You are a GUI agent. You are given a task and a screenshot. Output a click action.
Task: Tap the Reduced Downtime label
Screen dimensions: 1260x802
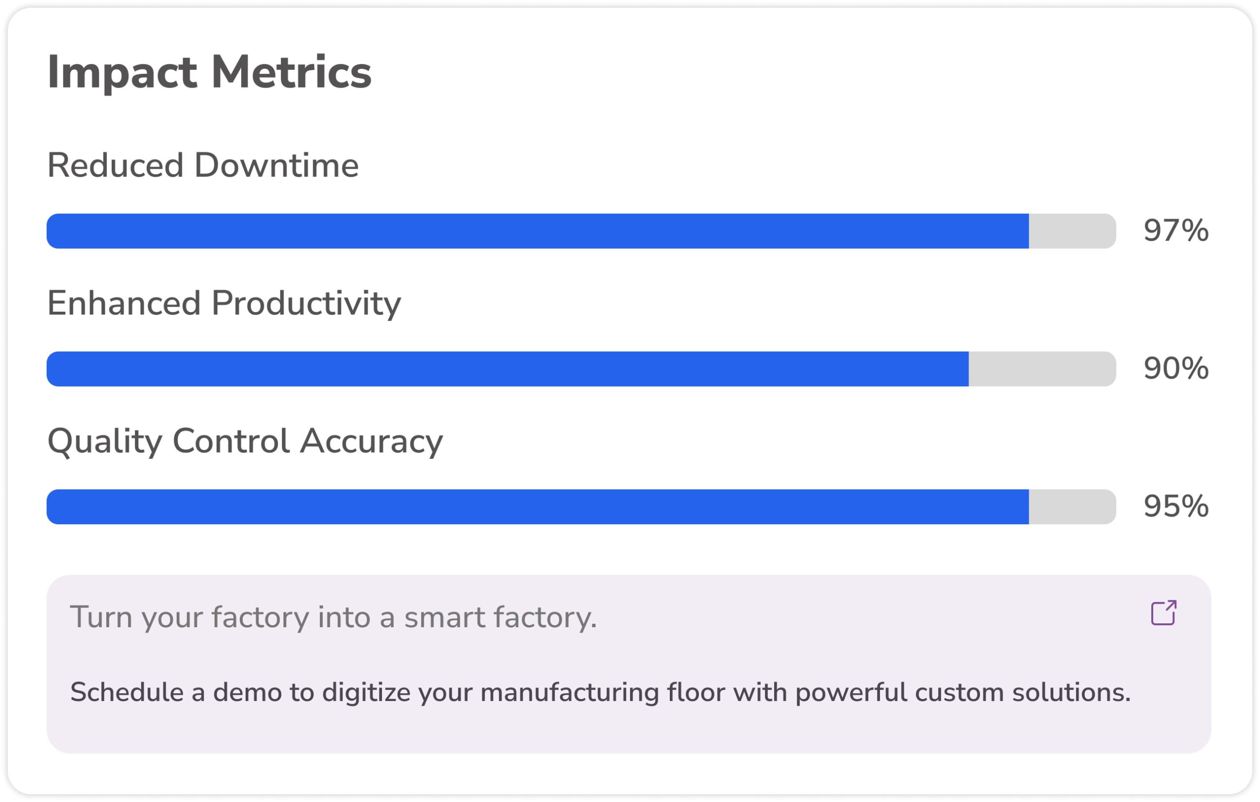203,165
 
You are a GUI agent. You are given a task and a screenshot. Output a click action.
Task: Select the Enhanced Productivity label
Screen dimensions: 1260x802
224,304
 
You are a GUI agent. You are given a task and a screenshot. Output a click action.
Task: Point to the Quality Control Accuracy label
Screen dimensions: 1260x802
245,441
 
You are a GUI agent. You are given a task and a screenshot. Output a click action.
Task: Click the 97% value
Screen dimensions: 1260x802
1176,231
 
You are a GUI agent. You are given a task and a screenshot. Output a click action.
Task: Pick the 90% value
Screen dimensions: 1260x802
1176,369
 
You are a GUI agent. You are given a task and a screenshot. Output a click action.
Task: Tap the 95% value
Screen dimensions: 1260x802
1176,506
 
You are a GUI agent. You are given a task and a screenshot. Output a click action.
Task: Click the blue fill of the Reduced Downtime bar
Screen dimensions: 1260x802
538,231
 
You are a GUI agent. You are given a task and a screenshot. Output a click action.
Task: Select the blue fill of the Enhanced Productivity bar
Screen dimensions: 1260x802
507,369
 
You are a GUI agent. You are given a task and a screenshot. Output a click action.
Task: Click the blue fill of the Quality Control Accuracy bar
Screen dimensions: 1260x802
538,506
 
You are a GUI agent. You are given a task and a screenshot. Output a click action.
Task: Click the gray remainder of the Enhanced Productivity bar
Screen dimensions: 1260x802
1042,369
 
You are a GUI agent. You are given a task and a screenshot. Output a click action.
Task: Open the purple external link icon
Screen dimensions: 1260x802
1164,612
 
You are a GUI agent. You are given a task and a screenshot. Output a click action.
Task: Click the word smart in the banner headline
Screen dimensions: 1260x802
445,618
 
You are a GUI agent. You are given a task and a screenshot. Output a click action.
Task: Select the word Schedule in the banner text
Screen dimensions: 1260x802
126,692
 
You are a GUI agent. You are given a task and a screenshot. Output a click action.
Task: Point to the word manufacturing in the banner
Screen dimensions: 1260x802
569,693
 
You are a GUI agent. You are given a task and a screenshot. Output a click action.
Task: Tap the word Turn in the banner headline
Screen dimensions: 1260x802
100,618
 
